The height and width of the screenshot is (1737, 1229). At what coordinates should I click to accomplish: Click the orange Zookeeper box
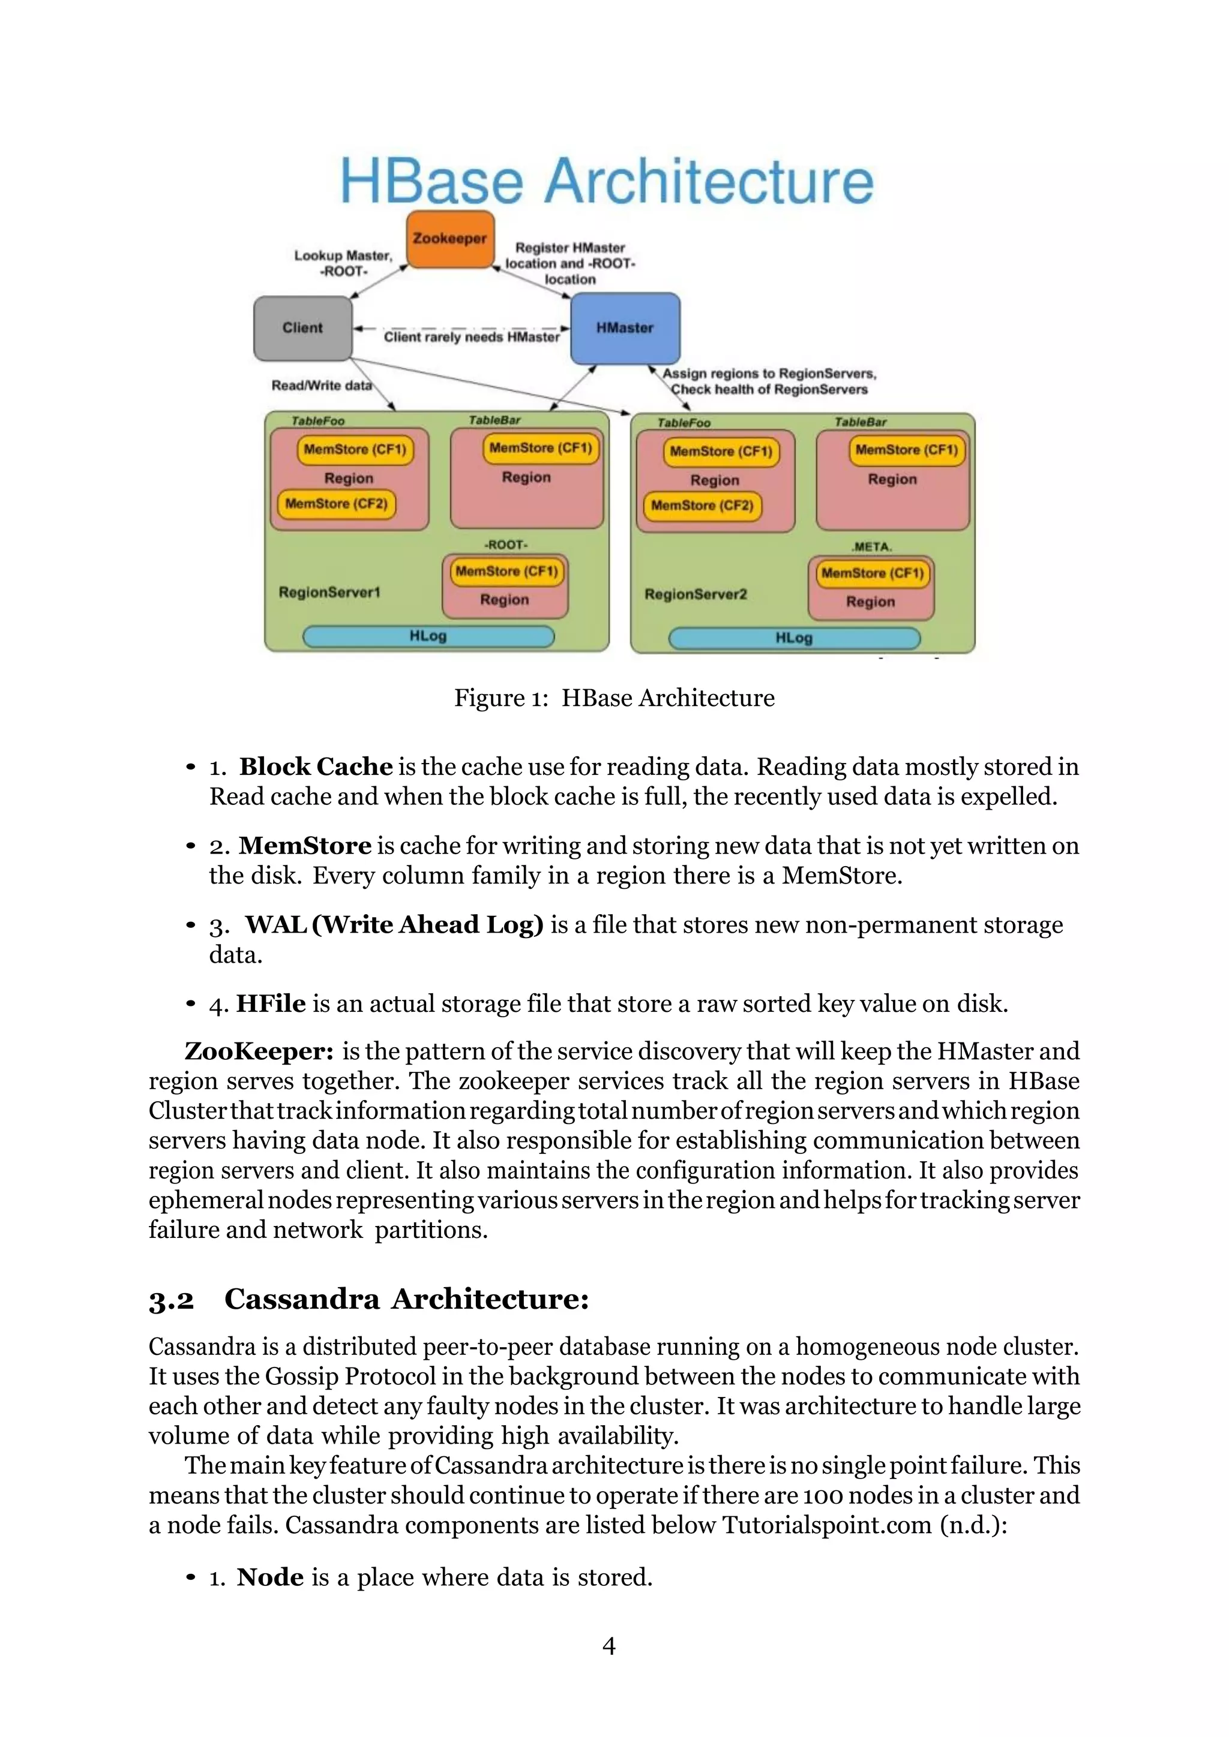450,239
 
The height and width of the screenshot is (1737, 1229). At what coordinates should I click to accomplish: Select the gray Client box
302,327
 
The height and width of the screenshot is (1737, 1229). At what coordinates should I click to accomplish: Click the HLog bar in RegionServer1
428,636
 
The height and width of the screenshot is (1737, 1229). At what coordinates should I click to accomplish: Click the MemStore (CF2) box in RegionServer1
336,504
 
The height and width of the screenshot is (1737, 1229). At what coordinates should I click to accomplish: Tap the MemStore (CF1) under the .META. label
873,573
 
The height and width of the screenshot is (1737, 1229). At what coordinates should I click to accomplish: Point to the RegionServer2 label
696,594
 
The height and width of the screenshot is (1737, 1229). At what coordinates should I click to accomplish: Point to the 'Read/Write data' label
322,386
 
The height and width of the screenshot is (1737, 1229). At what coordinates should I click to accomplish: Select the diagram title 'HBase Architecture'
607,182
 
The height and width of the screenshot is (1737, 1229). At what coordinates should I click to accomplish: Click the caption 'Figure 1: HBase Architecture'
614,698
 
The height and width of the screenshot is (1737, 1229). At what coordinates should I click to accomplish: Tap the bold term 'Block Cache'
316,767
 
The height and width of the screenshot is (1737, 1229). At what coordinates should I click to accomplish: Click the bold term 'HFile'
271,1004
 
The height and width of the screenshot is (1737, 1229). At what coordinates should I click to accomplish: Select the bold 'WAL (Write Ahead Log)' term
394,924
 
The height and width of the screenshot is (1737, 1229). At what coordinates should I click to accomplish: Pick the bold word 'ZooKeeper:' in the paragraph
259,1051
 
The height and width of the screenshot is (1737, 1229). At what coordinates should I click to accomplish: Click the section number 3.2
171,1299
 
